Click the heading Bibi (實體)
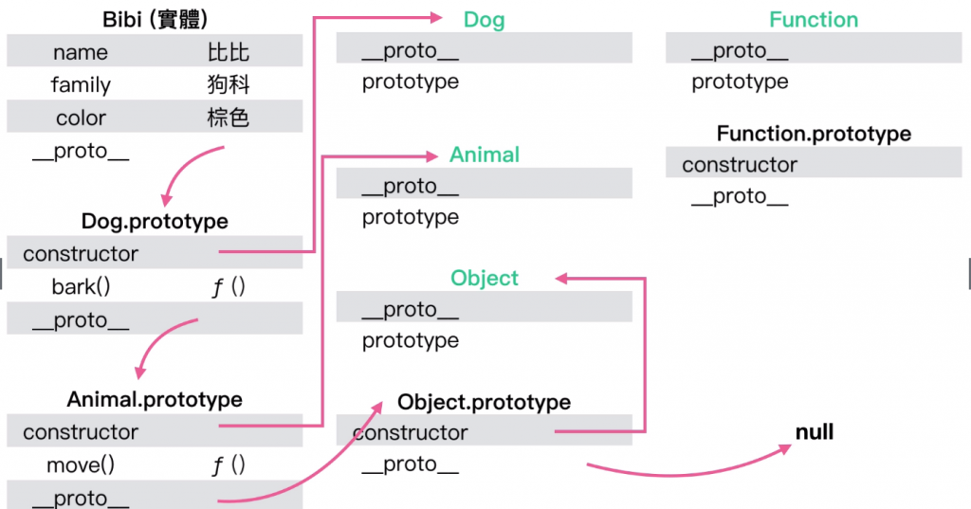155,19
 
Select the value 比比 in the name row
229,52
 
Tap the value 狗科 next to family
229,85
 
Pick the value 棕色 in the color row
229,118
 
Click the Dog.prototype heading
155,221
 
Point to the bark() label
81,286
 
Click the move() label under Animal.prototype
81,464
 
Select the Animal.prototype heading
155,399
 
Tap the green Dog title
484,19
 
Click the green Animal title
484,154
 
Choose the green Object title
484,278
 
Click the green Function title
814,19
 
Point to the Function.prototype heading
814,134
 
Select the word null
815,432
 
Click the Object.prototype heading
484,402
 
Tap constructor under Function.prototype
740,165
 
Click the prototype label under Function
740,82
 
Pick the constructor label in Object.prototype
411,432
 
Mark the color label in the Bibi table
81,118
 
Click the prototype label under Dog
411,82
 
